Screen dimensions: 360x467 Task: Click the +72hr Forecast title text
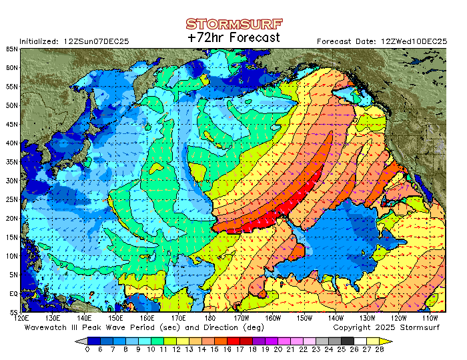[233, 38]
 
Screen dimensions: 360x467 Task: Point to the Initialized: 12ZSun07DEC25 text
[74, 41]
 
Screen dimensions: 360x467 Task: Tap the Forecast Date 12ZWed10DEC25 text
[382, 41]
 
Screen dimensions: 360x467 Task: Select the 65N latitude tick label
[13, 49]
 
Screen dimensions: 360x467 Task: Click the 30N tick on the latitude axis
[13, 181]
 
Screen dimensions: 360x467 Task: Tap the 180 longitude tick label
[210, 318]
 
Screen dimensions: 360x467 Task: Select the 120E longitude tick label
[22, 318]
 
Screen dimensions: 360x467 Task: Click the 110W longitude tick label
[430, 318]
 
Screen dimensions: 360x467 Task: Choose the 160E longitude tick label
[147, 318]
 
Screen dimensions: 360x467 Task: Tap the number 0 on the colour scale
[87, 349]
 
